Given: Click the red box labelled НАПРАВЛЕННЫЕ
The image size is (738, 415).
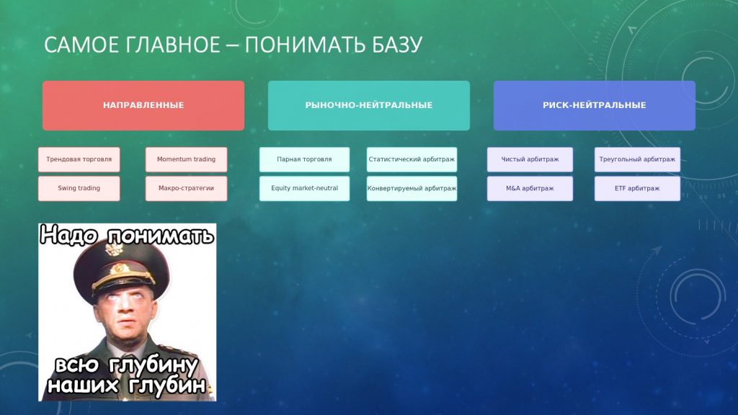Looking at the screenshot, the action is [143, 105].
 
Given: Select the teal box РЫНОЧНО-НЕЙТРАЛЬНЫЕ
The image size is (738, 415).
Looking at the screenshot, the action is [368, 105].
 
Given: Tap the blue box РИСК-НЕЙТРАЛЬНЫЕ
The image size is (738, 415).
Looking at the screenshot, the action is [594, 105].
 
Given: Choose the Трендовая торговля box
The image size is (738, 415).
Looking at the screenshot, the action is [79, 159].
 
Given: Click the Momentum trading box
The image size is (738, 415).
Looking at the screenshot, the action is [187, 159].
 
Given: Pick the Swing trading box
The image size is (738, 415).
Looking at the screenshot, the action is [79, 188].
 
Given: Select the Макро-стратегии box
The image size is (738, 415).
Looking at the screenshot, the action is [187, 188].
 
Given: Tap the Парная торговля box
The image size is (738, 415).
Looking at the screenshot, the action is [305, 159].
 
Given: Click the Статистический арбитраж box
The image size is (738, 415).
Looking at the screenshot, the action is [412, 159].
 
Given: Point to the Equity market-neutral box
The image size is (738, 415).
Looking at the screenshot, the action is [305, 188].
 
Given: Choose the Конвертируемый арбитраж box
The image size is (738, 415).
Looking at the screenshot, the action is [412, 188].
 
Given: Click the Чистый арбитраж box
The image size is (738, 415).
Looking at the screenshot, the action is [530, 159].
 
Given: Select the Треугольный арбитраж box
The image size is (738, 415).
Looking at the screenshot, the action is [637, 159].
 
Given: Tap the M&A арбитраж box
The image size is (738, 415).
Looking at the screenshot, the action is [530, 188].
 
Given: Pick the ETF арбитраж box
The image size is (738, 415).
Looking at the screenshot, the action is [637, 188].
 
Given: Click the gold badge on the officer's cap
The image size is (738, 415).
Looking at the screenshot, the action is [120, 269].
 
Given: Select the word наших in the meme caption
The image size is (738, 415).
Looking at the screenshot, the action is [84, 385].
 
